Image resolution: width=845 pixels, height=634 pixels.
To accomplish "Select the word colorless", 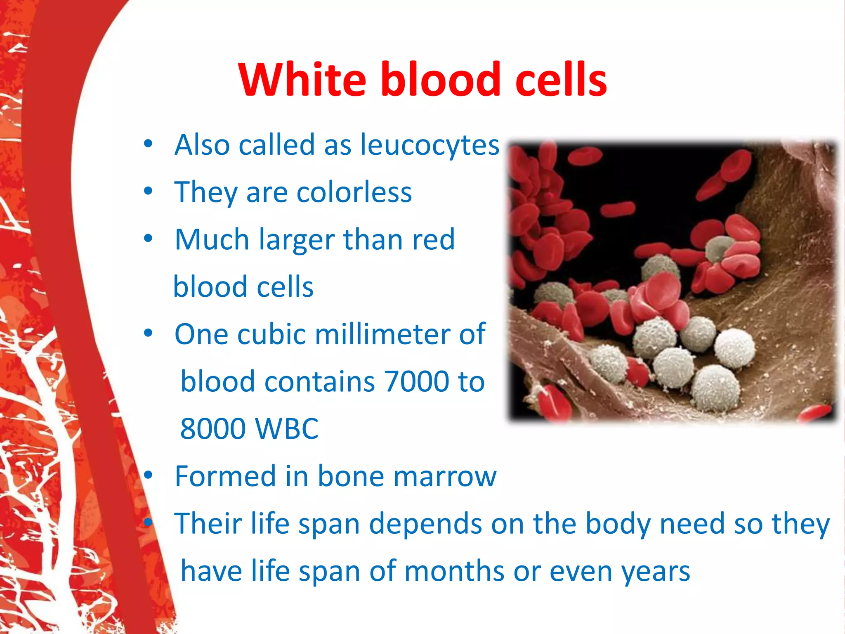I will tap(354, 192).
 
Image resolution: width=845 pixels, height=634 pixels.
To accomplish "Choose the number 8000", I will tap(213, 428).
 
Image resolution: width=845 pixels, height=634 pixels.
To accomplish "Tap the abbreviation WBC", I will tap(287, 428).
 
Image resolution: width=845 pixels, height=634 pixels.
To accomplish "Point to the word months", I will tap(454, 571).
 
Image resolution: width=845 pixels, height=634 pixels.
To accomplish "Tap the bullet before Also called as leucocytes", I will tap(148, 144).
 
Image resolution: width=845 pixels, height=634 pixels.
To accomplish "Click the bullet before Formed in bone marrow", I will tap(148, 476).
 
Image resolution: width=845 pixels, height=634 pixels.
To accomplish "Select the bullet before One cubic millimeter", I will tap(148, 333).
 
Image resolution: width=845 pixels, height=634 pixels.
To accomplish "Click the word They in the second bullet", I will tap(205, 192).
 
